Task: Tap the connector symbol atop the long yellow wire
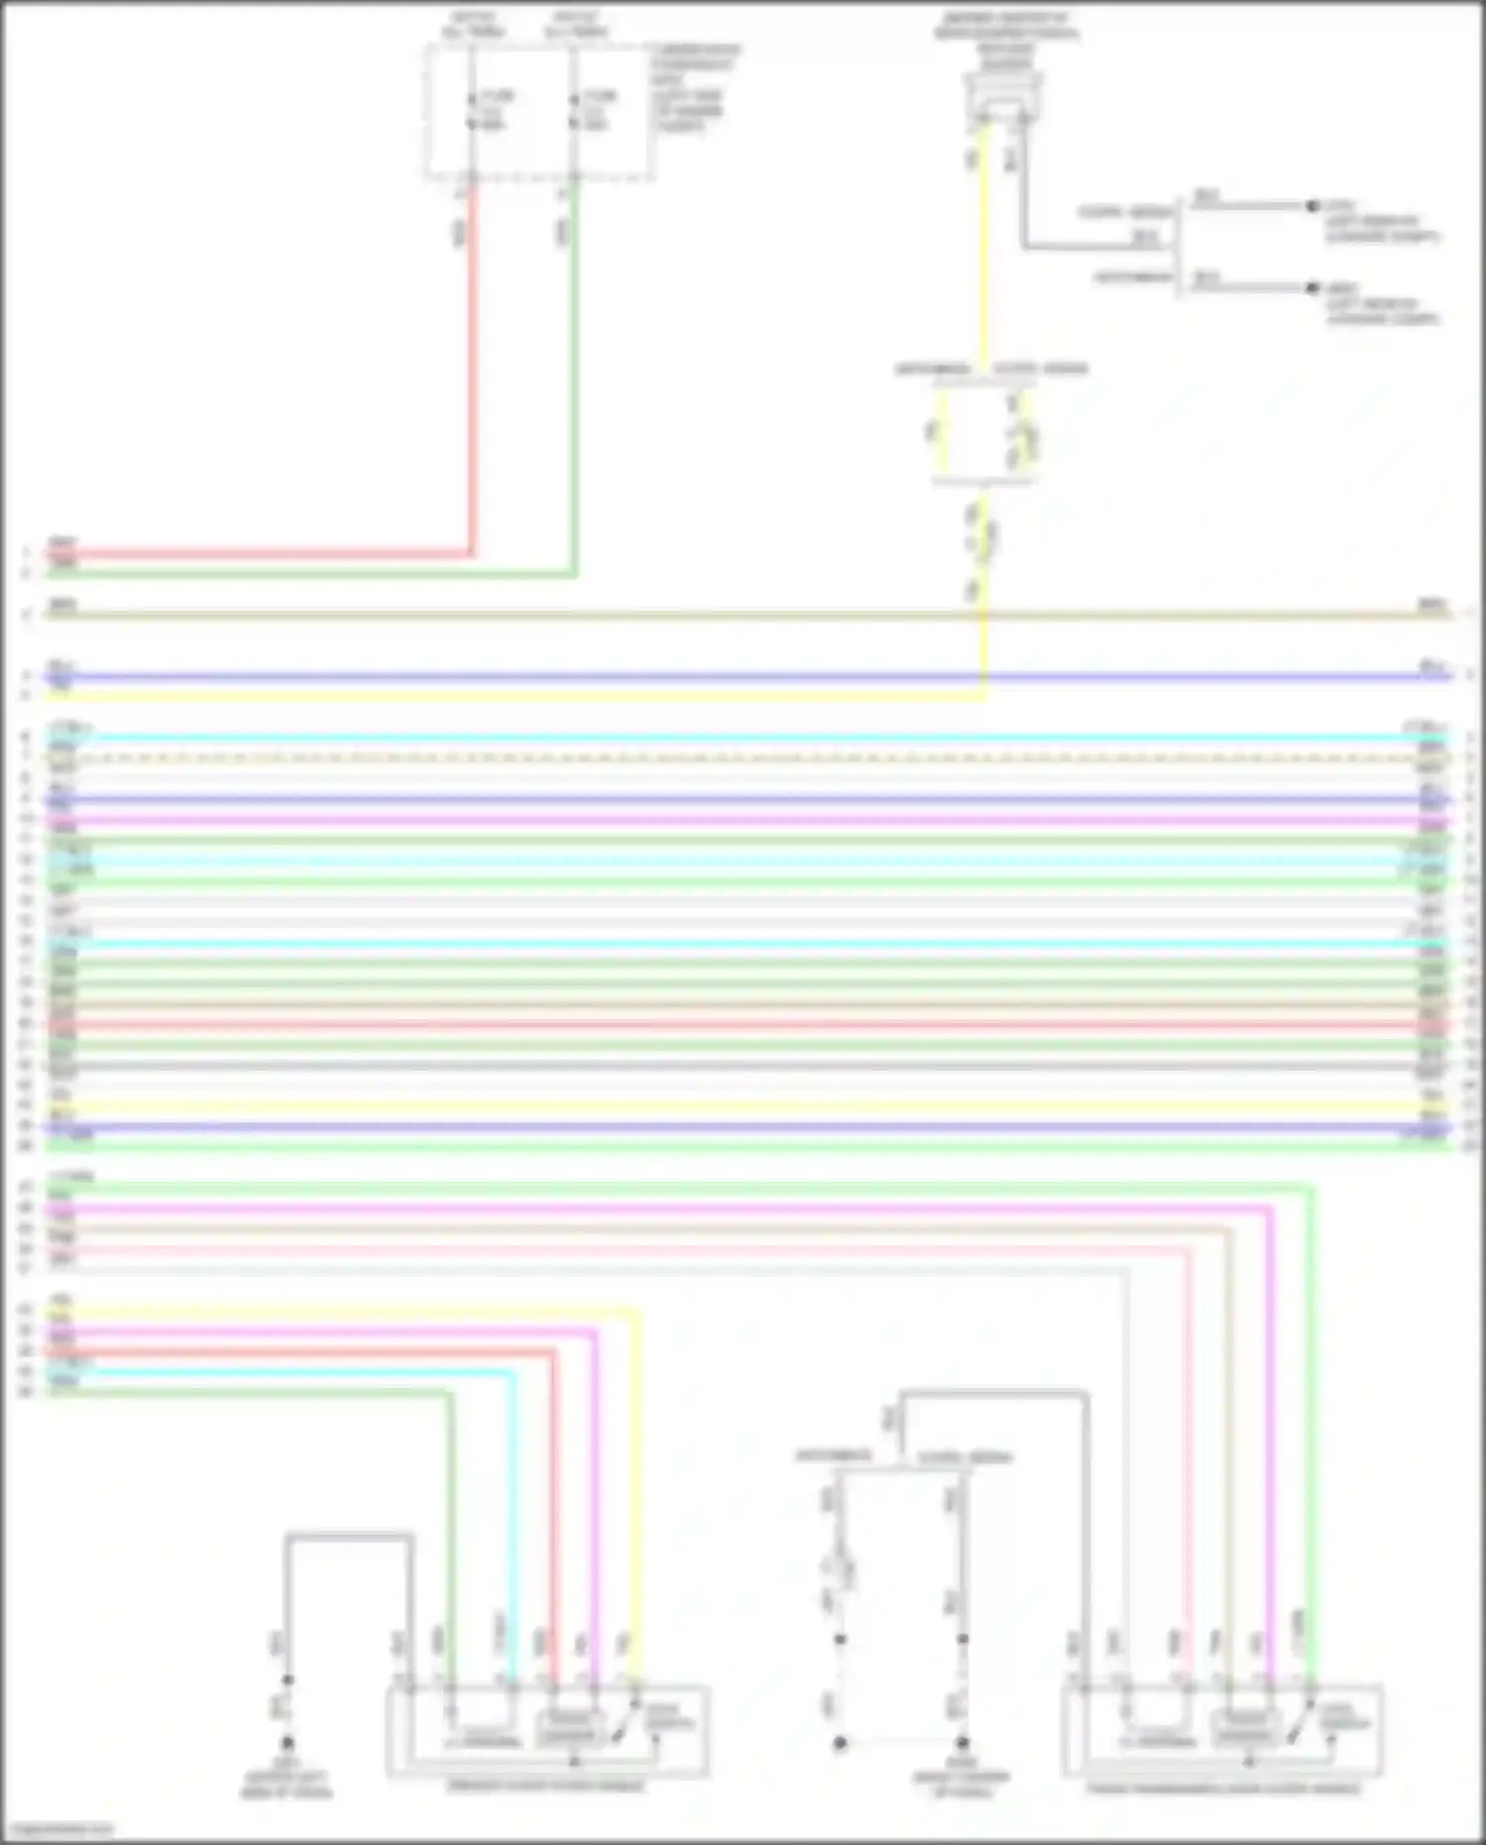[x=1002, y=99]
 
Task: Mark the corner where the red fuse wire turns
[x=472, y=553]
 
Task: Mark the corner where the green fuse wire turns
[x=574, y=573]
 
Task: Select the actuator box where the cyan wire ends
[x=547, y=1731]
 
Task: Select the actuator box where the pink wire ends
[x=1222, y=1731]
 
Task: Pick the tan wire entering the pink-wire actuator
[x=1229, y=1438]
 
